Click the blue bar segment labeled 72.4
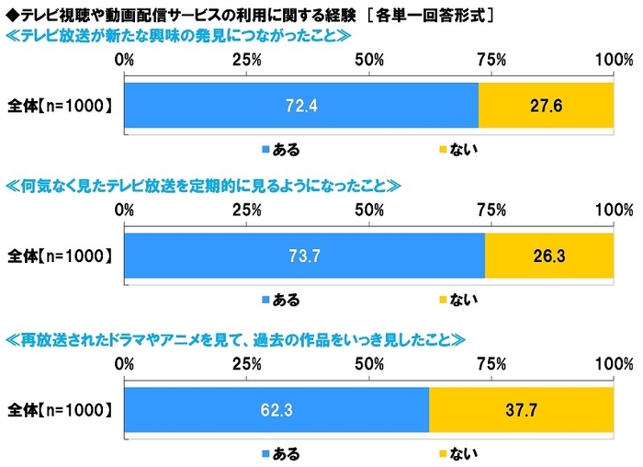[x=301, y=106]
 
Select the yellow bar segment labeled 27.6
[x=546, y=106]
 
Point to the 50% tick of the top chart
[x=369, y=61]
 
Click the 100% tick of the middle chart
[x=613, y=211]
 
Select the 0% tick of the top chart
[x=124, y=61]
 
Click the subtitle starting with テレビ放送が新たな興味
[x=179, y=37]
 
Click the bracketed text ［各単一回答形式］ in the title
[x=432, y=13]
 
